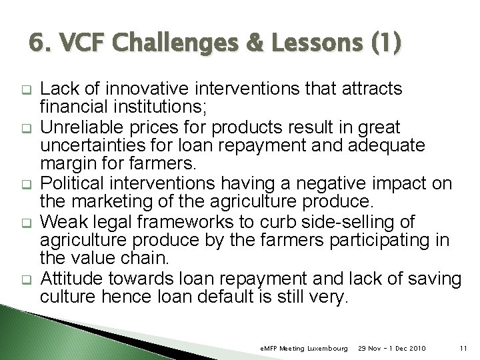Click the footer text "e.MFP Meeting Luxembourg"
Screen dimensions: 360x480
click(303, 348)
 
